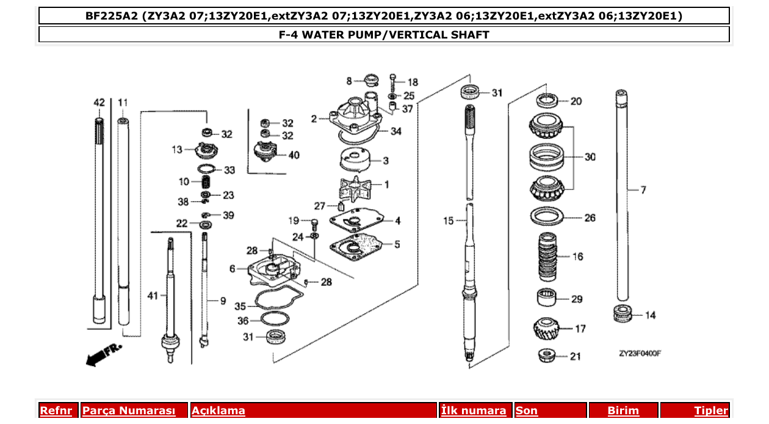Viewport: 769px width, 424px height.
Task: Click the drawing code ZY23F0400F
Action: click(x=640, y=353)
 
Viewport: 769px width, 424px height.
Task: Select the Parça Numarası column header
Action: click(x=129, y=411)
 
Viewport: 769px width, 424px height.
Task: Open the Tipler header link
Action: click(x=710, y=411)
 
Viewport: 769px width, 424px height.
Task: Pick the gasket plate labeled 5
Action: click(x=358, y=246)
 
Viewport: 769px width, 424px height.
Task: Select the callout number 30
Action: click(x=590, y=157)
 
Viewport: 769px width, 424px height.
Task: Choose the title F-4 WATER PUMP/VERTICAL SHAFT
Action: click(x=384, y=35)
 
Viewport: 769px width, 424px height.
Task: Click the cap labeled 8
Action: click(x=370, y=80)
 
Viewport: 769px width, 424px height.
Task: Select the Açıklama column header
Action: click(x=218, y=411)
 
